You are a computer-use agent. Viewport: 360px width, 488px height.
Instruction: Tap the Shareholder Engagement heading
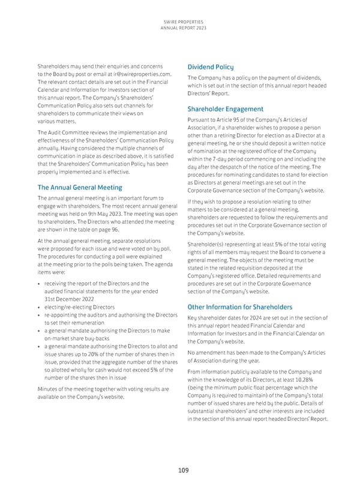click(x=225, y=109)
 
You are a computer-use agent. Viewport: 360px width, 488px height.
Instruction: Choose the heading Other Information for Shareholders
click(x=239, y=308)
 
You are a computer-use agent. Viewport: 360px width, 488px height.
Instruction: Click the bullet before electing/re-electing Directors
click(x=38, y=307)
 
